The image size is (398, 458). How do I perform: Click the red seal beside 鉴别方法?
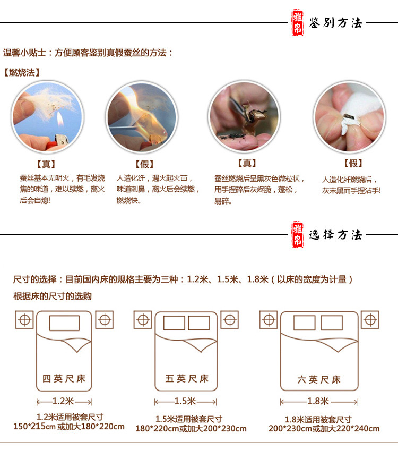[298, 22]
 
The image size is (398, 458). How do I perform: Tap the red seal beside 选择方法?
[298, 234]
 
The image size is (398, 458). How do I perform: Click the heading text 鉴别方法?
[335, 23]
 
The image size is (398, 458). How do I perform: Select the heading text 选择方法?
[335, 234]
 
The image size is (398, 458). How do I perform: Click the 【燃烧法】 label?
[22, 72]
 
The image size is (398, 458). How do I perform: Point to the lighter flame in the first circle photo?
[60, 119]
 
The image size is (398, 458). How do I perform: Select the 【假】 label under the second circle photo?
[144, 164]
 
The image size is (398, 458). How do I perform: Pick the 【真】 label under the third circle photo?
[247, 163]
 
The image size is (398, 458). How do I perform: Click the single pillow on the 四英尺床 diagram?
[65, 323]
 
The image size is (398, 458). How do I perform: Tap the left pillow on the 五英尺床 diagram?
[174, 323]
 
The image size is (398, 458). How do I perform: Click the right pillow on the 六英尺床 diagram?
[332, 323]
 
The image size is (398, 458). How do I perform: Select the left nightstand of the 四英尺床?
[24, 320]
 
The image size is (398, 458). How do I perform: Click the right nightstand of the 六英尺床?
[370, 320]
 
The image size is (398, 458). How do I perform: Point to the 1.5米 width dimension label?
[185, 401]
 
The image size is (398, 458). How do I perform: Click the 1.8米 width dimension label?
[318, 401]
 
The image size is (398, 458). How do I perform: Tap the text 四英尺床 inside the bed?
[64, 379]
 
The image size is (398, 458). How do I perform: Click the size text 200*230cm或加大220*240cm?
[324, 428]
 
